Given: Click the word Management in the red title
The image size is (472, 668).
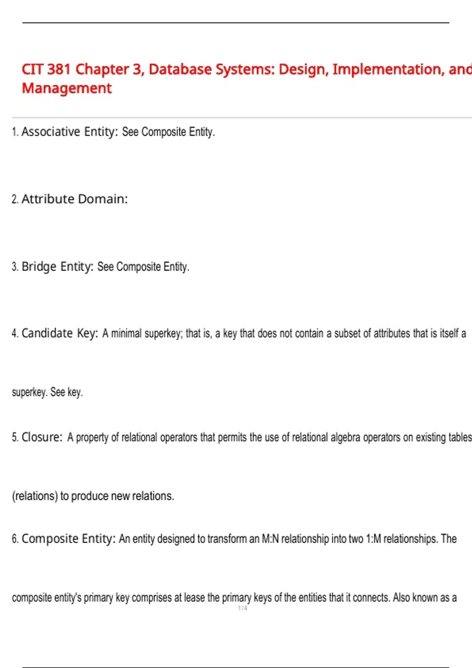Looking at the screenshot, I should [67, 88].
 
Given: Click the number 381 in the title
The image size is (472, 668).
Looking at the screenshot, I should [59, 70].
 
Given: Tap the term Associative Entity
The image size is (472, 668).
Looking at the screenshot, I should [70, 132].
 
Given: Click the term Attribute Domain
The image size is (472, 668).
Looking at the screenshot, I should [74, 199].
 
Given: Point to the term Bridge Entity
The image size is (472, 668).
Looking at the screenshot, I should [57, 266].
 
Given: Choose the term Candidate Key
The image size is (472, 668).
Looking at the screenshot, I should [59, 333].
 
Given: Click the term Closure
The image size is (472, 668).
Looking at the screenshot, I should [42, 437].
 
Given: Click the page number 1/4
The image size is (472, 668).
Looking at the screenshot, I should [243, 608].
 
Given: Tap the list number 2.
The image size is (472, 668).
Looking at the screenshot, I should [15, 199].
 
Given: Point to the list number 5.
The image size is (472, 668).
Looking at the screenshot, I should [15, 437].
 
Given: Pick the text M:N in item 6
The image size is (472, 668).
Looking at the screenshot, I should [270, 539].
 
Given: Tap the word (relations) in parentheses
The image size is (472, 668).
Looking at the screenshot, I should [35, 496].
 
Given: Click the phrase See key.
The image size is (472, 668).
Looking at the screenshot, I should [66, 392].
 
